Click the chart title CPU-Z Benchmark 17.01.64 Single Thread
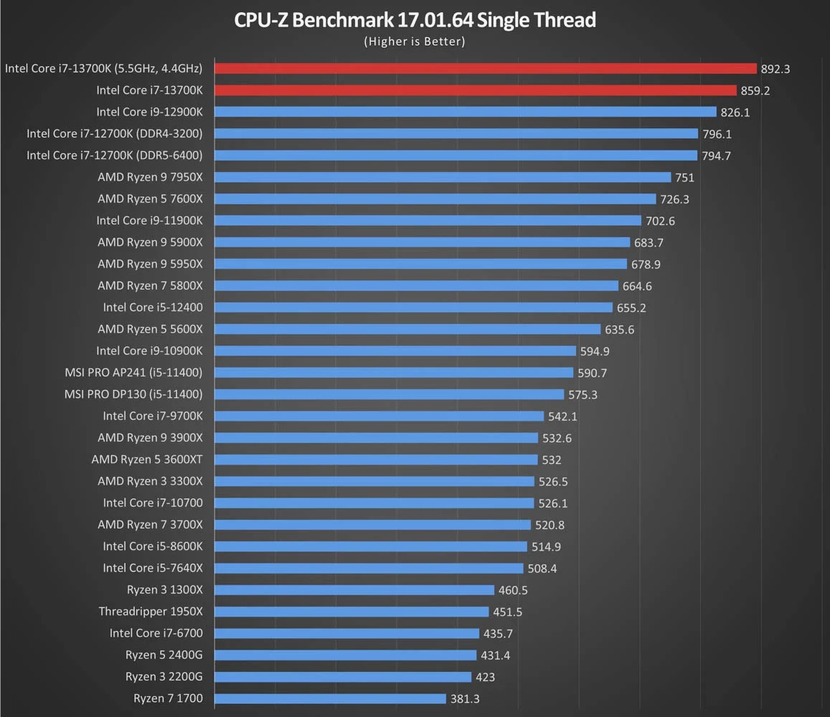pyautogui.click(x=415, y=19)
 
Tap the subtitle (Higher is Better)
pyautogui.click(x=415, y=42)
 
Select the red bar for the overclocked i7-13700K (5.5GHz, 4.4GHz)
pyautogui.click(x=485, y=68)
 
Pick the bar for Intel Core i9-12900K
pyautogui.click(x=465, y=112)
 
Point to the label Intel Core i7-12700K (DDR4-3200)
pyautogui.click(x=114, y=133)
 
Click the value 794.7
pyautogui.click(x=717, y=156)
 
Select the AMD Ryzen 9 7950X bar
pyautogui.click(x=443, y=177)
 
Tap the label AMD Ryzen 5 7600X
pyautogui.click(x=150, y=199)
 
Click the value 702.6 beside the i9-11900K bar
pyautogui.click(x=661, y=221)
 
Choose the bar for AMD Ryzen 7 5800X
pyautogui.click(x=416, y=285)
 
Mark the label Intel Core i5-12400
pyautogui.click(x=153, y=307)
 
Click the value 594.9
pyautogui.click(x=595, y=351)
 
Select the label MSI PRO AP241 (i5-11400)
pyautogui.click(x=133, y=372)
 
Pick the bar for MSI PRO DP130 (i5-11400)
pyautogui.click(x=389, y=394)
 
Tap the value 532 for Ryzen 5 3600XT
pyautogui.click(x=552, y=460)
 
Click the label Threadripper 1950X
pyautogui.click(x=151, y=612)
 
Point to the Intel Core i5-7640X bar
pyautogui.click(x=369, y=568)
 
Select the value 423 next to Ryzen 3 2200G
pyautogui.click(x=485, y=677)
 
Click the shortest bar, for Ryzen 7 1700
pyautogui.click(x=330, y=698)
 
